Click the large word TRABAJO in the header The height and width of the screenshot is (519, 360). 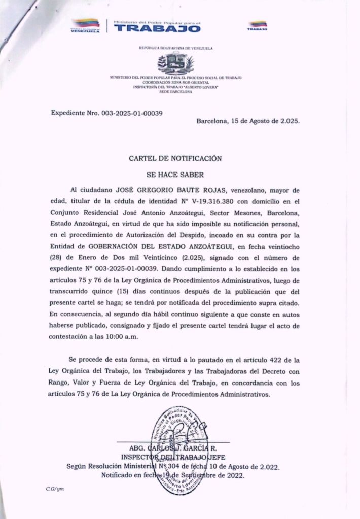click(158, 29)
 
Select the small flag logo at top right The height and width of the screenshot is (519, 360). click(258, 25)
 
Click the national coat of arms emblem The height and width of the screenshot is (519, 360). click(175, 63)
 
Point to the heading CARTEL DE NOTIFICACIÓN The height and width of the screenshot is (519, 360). click(175, 158)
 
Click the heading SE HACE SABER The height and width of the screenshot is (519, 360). click(175, 175)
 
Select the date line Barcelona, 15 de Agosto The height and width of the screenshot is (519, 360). click(248, 122)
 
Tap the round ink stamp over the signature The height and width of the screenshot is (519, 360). click(177, 452)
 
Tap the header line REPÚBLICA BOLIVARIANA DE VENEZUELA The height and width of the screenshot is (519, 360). click(175, 48)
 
